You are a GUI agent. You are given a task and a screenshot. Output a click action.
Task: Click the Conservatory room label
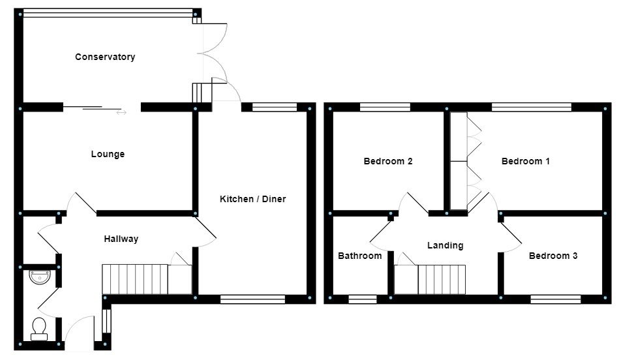105,57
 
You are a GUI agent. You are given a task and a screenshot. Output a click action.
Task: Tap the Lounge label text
108,155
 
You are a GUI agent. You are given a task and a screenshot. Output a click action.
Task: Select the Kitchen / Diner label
252,199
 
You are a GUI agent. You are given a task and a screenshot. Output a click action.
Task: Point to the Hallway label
121,239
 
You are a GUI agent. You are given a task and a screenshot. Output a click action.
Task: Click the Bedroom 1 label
525,161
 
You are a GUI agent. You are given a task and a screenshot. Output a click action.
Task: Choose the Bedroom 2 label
387,161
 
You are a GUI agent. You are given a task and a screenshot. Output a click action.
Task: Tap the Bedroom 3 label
552,256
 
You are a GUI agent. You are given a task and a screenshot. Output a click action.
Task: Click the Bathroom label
359,256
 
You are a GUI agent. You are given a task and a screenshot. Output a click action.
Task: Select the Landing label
445,245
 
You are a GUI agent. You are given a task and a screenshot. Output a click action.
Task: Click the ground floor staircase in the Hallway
136,279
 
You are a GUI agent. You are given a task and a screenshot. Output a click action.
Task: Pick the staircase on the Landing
442,280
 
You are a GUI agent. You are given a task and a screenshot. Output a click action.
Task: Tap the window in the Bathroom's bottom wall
362,299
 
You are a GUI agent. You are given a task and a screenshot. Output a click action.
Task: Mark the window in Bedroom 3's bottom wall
555,299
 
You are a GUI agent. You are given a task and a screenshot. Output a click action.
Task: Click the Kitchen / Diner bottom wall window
252,299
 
